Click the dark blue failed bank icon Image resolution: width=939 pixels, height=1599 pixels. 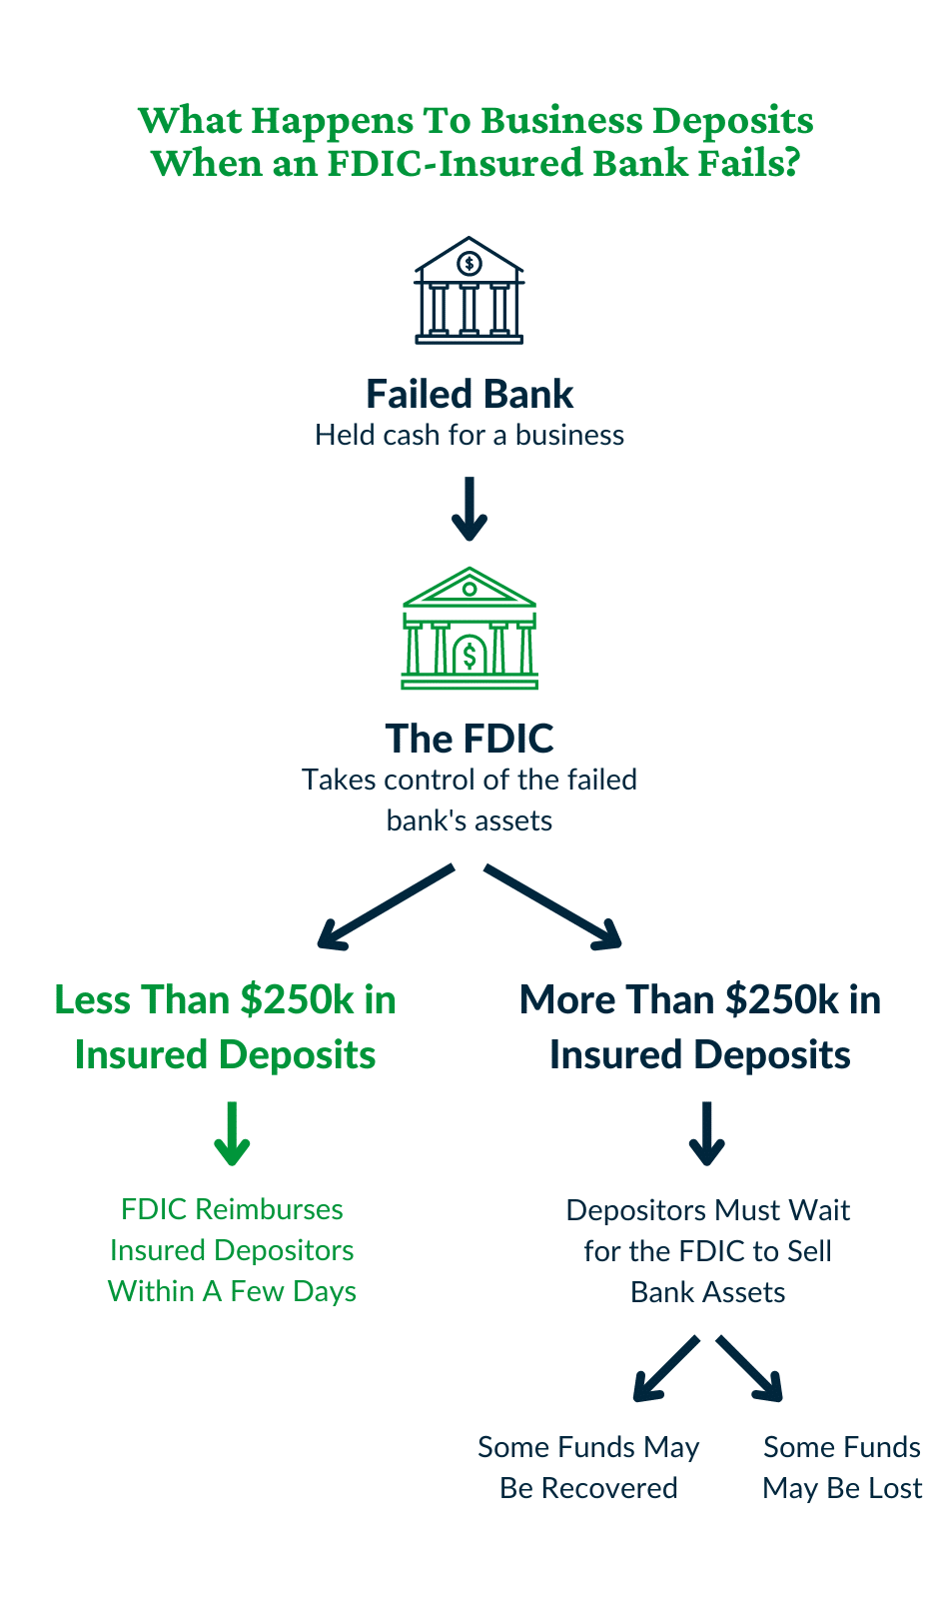coord(469,291)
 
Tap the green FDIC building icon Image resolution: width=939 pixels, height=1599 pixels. coord(469,629)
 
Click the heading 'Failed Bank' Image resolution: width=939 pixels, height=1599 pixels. coord(469,394)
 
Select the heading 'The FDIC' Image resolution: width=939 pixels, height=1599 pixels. coord(469,739)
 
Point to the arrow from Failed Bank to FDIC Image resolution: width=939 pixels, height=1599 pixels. coord(469,509)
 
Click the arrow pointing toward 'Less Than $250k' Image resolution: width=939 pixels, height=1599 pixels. coord(385,906)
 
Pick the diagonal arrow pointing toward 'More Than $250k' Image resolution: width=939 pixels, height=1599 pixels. coord(553,906)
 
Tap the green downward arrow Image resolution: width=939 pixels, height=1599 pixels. coord(232,1134)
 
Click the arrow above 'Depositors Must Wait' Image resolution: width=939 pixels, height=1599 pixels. coord(707,1134)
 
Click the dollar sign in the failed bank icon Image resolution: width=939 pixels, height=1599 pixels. coord(469,264)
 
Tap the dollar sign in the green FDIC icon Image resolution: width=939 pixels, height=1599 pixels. coord(469,657)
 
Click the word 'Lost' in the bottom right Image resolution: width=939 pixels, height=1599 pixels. coord(895,1488)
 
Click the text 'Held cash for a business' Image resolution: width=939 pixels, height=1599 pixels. coord(469,436)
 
